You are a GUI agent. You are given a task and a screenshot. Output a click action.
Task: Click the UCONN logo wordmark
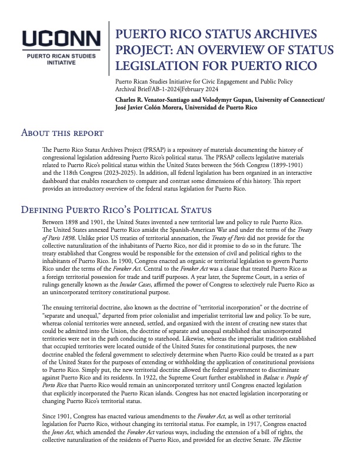pos(59,39)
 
